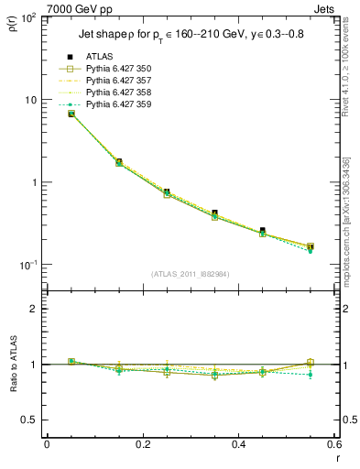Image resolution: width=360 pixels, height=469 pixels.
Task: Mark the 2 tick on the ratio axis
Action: [x=36, y=309]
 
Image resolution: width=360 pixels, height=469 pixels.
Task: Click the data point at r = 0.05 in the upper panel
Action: [x=71, y=114]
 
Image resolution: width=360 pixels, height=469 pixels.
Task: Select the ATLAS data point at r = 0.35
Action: [x=214, y=213]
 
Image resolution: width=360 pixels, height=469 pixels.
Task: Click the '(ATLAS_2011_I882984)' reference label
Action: [x=191, y=273]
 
